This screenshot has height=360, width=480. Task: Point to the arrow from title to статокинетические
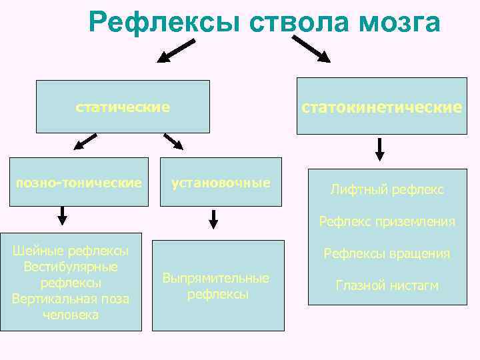click(311, 49)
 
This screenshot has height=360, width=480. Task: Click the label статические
click(123, 107)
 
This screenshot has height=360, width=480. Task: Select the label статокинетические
click(382, 107)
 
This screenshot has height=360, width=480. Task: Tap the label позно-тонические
click(79, 182)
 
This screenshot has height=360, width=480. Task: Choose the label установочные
click(221, 182)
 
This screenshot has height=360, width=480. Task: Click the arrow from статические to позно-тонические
click(85, 141)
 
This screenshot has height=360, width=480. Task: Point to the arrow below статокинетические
click(379, 149)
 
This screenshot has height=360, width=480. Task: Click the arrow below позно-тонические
click(63, 215)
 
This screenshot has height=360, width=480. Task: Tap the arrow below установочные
click(213, 219)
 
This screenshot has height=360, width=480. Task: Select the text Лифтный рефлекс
click(387, 190)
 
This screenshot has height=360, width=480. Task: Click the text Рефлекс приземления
click(387, 221)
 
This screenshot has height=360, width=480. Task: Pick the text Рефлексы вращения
click(387, 253)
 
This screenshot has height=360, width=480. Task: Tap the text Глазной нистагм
click(387, 285)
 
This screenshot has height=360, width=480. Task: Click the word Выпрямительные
click(216, 278)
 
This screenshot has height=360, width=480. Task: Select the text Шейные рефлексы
click(71, 251)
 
